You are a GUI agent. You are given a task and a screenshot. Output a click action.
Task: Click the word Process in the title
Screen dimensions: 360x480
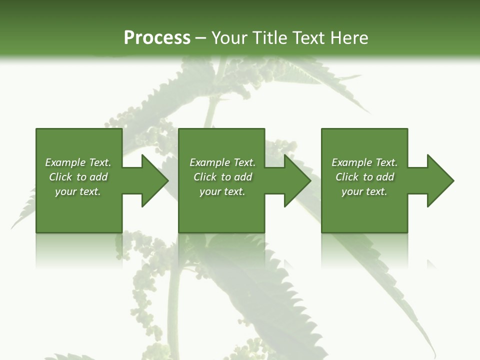coord(157,38)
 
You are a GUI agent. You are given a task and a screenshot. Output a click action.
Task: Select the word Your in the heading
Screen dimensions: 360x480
coord(230,38)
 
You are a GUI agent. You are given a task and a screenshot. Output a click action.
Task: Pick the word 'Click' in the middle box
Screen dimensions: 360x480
coord(205,177)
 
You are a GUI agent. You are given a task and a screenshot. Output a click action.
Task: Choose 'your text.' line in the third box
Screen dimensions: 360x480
coord(364,191)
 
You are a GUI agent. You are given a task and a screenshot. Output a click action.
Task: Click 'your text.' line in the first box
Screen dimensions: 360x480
coord(78,191)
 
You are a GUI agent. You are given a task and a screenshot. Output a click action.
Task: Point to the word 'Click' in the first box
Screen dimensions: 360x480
coord(60,177)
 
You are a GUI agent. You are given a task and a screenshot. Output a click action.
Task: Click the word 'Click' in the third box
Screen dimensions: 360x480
coord(347,177)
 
